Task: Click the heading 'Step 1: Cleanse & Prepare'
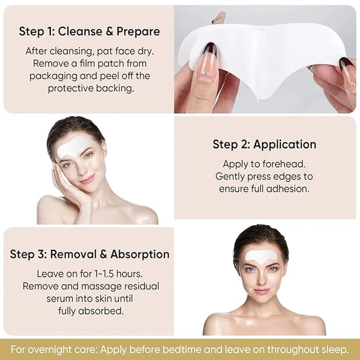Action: click(x=89, y=31)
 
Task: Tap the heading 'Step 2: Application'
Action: click(x=264, y=145)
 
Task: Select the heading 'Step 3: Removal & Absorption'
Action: click(x=89, y=254)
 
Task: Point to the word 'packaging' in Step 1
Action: click(x=53, y=77)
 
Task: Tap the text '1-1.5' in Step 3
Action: click(x=104, y=273)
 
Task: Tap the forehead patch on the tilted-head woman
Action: click(x=71, y=147)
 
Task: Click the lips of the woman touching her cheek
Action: click(x=88, y=179)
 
